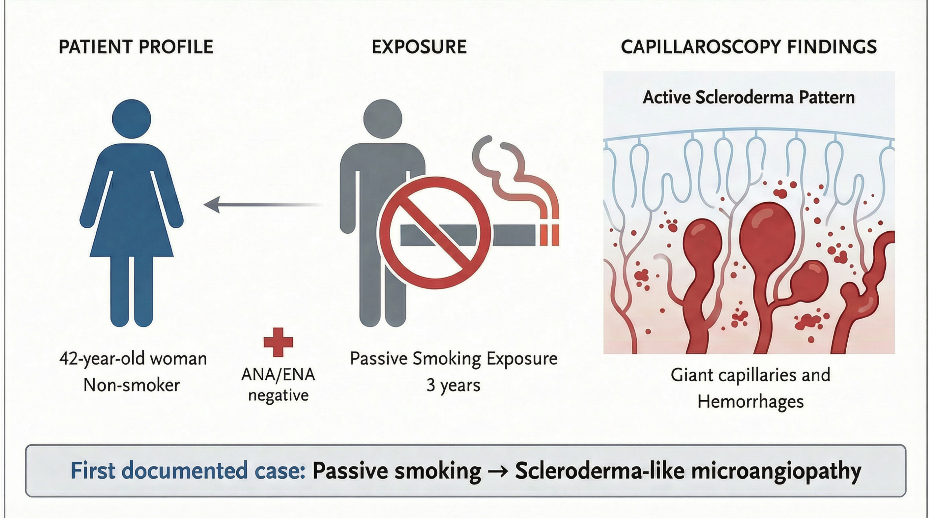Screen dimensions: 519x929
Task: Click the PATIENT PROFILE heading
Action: [x=136, y=47]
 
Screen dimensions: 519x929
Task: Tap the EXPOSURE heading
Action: [x=419, y=47]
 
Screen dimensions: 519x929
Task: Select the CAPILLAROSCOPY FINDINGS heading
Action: [x=749, y=47]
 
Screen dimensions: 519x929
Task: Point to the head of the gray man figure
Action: [x=382, y=119]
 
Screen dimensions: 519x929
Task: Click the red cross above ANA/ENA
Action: [x=278, y=342]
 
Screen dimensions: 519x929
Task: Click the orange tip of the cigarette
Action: [x=550, y=235]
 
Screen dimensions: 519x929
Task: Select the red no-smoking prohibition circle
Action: [x=434, y=233]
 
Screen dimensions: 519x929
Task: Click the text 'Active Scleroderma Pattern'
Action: [x=749, y=97]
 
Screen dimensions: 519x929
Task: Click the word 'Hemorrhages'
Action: [x=750, y=402]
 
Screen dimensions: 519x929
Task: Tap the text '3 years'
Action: [x=453, y=385]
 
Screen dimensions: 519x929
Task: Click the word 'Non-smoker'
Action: [x=131, y=385]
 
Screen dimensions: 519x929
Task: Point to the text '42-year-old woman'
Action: [x=133, y=359]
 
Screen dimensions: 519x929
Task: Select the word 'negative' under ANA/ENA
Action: [x=278, y=395]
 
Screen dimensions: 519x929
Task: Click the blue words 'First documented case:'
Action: [x=188, y=470]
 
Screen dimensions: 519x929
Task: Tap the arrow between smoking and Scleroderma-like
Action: [x=498, y=471]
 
